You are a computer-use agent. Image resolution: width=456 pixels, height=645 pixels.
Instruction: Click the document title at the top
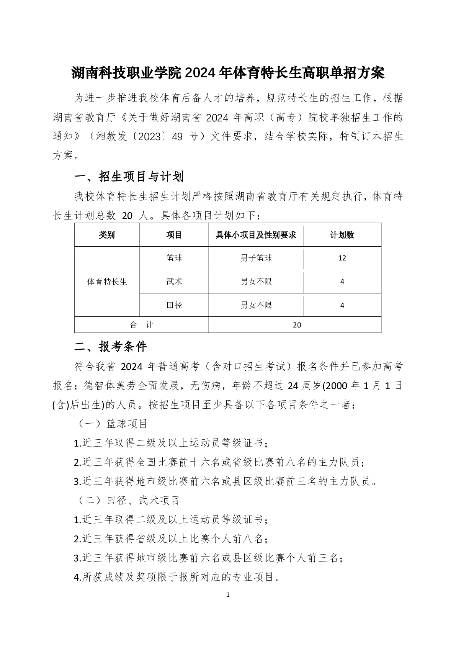coord(228,73)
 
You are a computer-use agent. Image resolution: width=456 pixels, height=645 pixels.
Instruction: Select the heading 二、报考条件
coord(111,347)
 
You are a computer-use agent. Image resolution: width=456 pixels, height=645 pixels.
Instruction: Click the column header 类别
coord(107,235)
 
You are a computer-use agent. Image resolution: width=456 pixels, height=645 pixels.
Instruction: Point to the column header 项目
coord(174,235)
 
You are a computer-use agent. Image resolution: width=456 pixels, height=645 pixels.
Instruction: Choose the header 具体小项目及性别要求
coord(256,235)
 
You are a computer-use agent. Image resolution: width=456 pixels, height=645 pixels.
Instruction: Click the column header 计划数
coord(342,235)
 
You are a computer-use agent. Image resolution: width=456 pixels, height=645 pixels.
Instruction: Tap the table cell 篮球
coord(174,258)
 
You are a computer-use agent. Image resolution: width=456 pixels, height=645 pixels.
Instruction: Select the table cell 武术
coord(174,282)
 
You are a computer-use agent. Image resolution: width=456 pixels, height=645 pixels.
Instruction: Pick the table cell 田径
coord(174,305)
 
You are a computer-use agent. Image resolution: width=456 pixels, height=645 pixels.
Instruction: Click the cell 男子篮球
coord(256,258)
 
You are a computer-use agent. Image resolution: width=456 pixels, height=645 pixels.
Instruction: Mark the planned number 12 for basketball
coord(342,258)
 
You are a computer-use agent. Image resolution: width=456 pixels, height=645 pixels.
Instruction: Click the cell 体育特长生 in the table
coord(107,282)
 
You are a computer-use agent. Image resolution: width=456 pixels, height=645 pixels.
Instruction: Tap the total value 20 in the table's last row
coord(297,325)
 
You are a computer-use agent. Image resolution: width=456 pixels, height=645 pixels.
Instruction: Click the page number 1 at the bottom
coord(228,595)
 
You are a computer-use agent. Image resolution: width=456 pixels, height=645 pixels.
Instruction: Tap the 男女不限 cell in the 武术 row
coord(256,282)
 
